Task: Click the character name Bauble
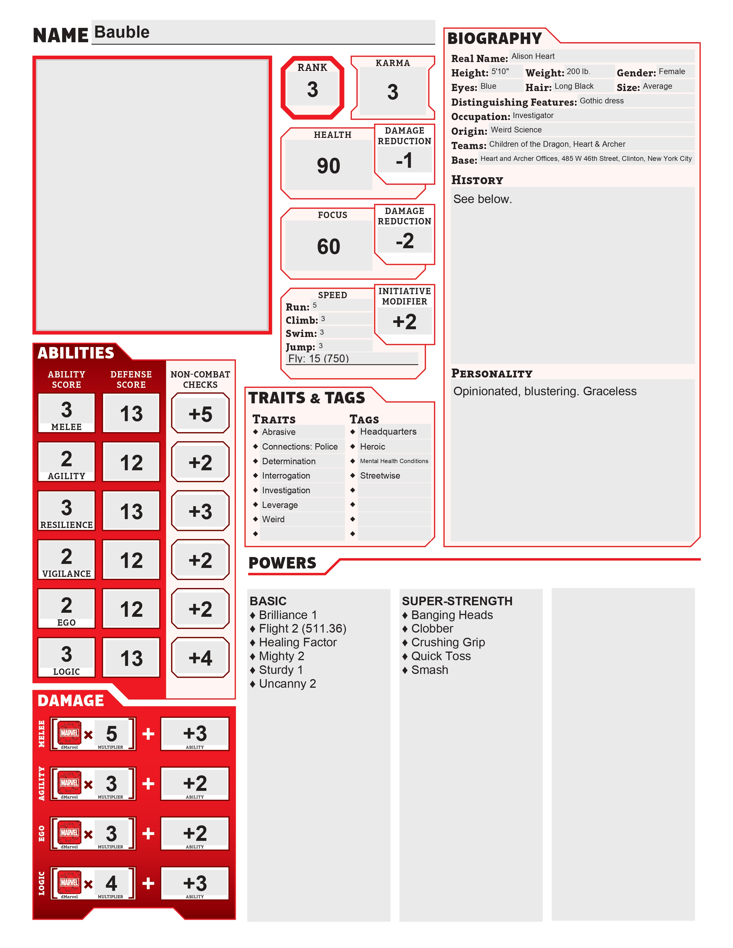122,32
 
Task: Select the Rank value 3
312,90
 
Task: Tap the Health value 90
328,166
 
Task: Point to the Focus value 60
328,246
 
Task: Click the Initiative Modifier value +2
404,322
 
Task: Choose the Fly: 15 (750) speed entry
319,359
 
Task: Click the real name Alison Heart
533,56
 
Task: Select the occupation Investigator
533,115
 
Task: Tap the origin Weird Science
516,130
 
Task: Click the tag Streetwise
380,476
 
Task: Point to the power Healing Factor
298,642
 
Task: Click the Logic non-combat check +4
200,658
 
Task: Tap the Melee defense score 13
131,414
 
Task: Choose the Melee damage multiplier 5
112,734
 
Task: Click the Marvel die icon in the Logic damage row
70,883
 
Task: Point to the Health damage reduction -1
404,161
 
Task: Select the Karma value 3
393,92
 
